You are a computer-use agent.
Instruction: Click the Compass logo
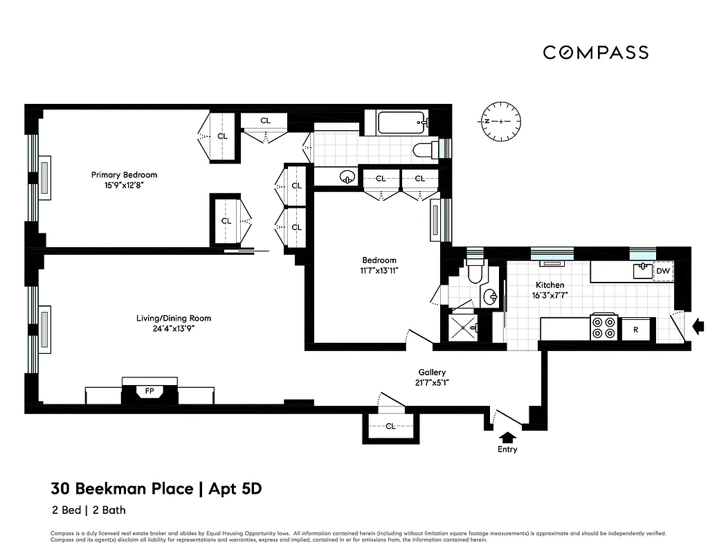click(x=595, y=53)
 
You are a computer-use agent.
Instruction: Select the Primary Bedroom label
click(x=124, y=175)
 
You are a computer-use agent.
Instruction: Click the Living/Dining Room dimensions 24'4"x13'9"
click(x=174, y=329)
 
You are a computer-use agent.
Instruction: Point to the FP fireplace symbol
click(x=149, y=392)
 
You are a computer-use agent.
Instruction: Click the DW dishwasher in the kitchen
click(x=662, y=271)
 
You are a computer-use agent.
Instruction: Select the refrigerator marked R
click(x=635, y=330)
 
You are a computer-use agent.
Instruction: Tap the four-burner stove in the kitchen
click(x=603, y=328)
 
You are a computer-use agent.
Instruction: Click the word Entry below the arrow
click(x=507, y=449)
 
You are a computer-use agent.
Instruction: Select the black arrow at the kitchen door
click(x=698, y=323)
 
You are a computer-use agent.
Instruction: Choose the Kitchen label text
click(x=550, y=285)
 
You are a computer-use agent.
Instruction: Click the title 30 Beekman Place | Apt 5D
click(x=156, y=489)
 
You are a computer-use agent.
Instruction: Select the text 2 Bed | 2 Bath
click(x=88, y=510)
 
